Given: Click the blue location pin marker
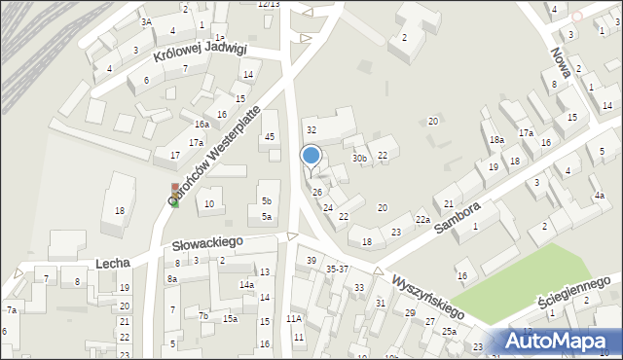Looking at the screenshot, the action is tap(311, 156).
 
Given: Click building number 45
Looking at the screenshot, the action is tap(270, 137).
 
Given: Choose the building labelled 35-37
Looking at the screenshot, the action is tap(338, 269).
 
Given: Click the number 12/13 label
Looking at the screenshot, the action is tap(268, 4).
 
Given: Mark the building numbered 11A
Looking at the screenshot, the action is tap(294, 318).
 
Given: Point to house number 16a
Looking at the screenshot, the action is tap(202, 125).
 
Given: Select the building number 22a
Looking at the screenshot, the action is tap(422, 220).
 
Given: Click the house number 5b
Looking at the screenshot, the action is tap(267, 201).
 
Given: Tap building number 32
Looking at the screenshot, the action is tap(311, 129).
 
